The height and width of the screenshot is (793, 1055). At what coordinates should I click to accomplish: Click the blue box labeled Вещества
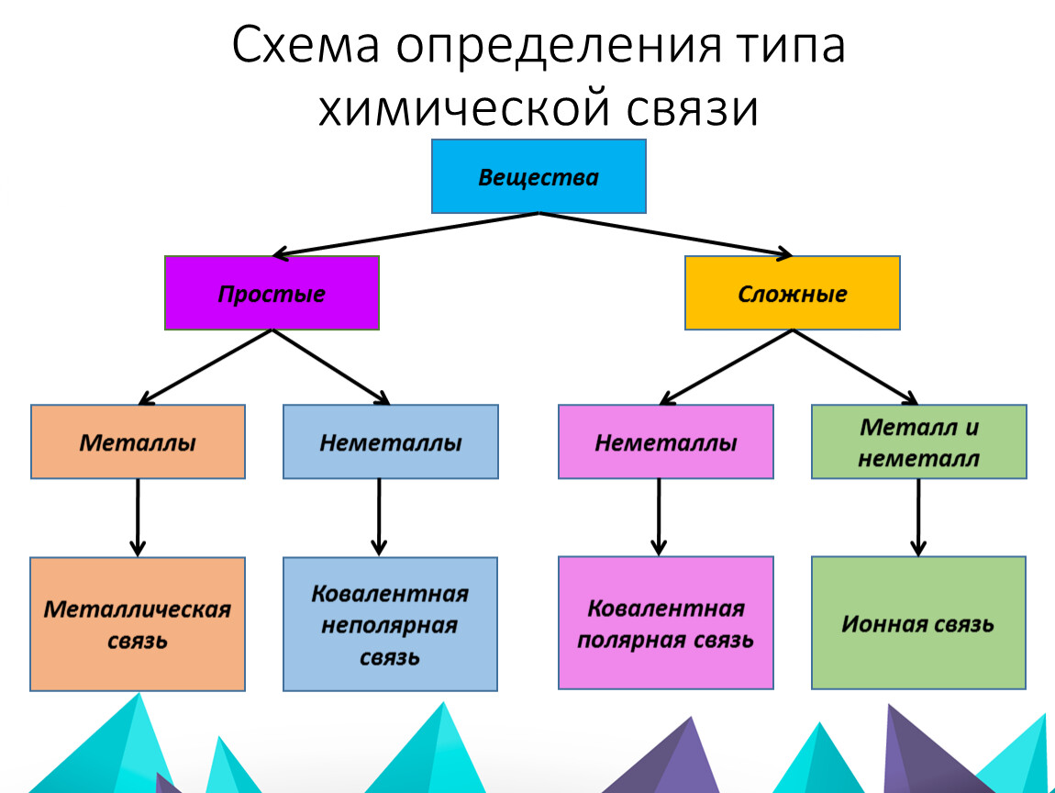pos(539,176)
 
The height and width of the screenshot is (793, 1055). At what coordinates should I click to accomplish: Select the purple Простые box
pos(272,294)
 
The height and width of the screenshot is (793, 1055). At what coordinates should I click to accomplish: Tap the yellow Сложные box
pos(792,294)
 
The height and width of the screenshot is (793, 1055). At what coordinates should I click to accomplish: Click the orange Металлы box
pos(138,441)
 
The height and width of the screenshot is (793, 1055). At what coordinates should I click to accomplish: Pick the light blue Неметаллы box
pos(390,441)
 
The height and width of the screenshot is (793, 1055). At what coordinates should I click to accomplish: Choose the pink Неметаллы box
pos(665,441)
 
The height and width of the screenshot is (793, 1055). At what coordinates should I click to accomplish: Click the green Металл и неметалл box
pos(918,441)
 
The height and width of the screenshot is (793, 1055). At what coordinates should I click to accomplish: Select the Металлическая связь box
pos(138,623)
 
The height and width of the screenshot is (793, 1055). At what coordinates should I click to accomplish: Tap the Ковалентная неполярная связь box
pos(390,623)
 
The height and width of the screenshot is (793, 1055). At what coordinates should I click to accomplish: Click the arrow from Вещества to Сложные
pos(665,233)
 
